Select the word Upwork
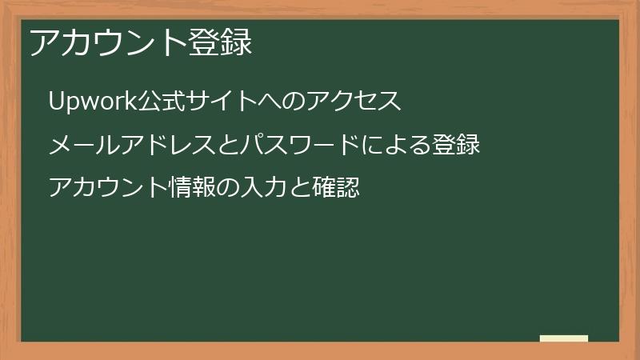[90, 102]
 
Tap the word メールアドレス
[120, 145]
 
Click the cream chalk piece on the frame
[564, 338]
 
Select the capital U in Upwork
[56, 102]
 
